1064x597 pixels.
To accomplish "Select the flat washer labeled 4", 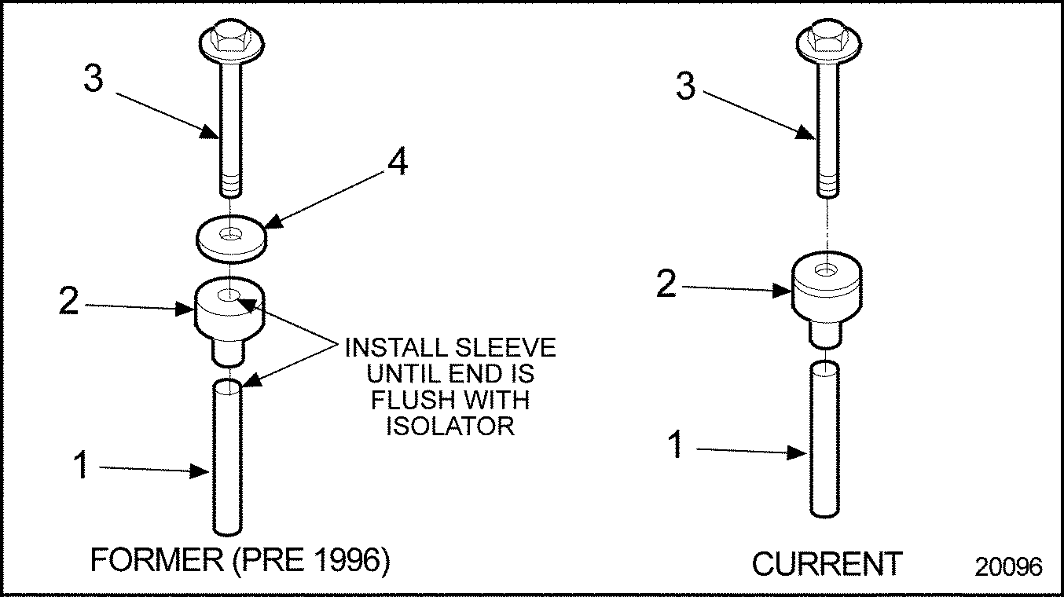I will click(x=229, y=239).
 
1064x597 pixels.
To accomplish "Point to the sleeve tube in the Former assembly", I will click(x=228, y=456).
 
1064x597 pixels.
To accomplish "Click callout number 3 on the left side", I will click(x=94, y=80).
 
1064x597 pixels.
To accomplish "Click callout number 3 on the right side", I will click(x=687, y=86).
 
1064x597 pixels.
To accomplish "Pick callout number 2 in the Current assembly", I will click(x=666, y=284).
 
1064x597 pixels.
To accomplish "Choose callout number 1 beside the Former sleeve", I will click(x=80, y=465).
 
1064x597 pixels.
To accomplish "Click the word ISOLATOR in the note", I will click(x=450, y=426).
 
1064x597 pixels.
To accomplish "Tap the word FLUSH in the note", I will click(x=414, y=400).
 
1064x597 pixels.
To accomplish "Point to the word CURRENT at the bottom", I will click(x=827, y=564).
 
